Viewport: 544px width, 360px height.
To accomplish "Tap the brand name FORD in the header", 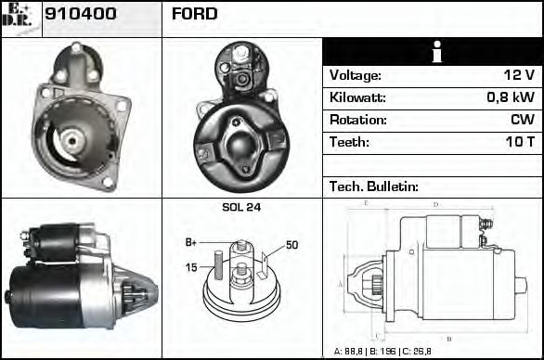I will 195,14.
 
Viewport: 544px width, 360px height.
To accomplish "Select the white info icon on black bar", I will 432,53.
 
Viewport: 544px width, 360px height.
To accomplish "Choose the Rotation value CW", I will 522,121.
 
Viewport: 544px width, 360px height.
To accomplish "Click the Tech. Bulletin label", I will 374,187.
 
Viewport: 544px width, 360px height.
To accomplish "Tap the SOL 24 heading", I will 241,208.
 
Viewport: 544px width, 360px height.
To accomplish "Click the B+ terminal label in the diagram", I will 191,242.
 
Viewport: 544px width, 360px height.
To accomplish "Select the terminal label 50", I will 291,245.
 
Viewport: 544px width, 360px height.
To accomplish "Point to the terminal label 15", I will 192,268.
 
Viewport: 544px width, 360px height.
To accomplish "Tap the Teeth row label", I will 349,143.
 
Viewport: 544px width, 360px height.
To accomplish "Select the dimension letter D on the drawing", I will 435,204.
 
